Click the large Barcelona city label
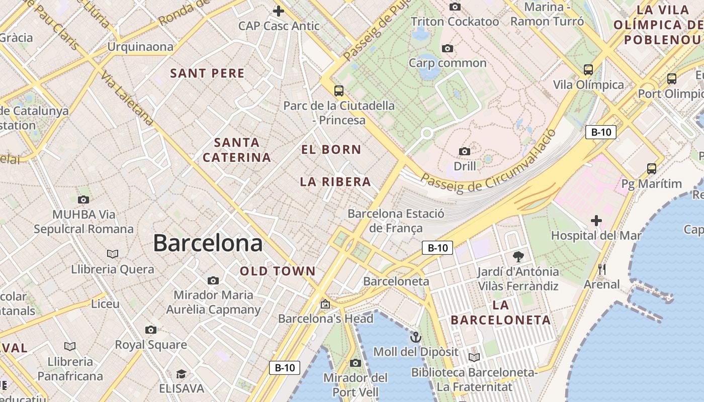208,243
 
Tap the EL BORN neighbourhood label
331,149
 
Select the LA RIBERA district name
335,182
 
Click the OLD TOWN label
278,271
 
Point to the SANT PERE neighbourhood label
207,73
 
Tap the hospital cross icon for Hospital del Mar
596,220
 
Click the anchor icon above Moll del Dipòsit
415,337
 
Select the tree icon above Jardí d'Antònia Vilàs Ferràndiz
518,257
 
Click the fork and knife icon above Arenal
601,269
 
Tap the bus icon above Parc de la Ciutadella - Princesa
339,91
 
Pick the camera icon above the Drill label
465,151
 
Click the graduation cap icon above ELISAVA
181,374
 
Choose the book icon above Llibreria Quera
113,254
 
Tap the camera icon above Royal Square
150,330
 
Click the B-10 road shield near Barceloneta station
437,248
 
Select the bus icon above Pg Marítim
652,169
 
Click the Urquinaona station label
140,47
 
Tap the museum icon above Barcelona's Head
325,304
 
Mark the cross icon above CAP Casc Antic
279,11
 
